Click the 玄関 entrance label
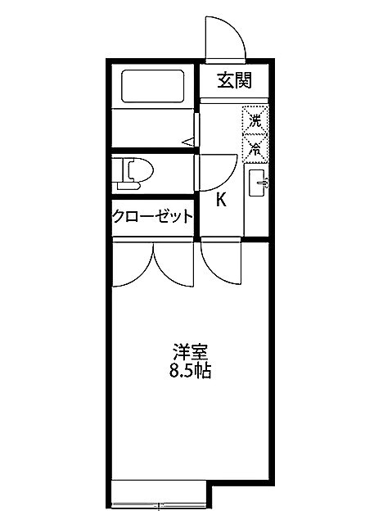(x=232, y=80)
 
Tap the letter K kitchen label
(x=221, y=199)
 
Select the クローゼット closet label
(x=154, y=216)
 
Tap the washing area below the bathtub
(x=154, y=127)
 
